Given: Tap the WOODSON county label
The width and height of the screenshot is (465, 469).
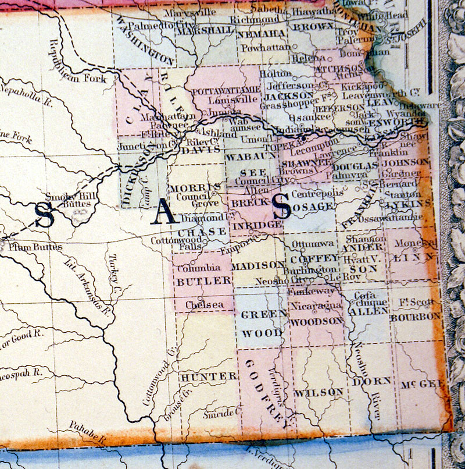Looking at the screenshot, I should pos(316,321).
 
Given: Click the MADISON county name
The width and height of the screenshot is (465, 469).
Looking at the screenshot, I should pos(257,265).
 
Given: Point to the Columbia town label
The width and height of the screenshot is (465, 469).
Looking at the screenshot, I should pos(198,269).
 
